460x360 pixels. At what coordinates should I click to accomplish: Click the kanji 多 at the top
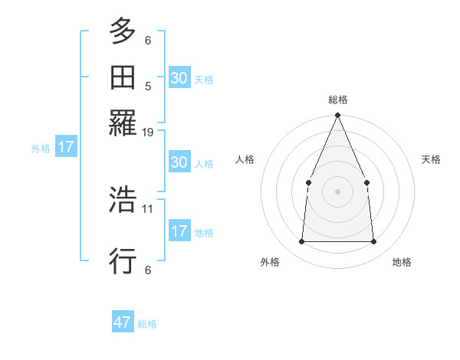pyautogui.click(x=123, y=31)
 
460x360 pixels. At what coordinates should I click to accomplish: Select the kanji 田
pyautogui.click(x=123, y=77)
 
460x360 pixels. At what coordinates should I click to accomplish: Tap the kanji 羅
pyautogui.click(x=123, y=123)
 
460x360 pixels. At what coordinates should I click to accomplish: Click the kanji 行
pyautogui.click(x=123, y=260)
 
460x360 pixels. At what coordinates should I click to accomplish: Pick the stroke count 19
pyautogui.click(x=148, y=133)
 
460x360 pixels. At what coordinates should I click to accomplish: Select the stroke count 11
pyautogui.click(x=148, y=208)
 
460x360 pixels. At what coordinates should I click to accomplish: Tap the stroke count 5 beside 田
pyautogui.click(x=148, y=86)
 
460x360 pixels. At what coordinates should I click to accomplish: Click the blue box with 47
pyautogui.click(x=123, y=322)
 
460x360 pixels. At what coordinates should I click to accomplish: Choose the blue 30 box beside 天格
pyautogui.click(x=179, y=78)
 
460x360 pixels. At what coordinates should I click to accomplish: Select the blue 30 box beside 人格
pyautogui.click(x=179, y=162)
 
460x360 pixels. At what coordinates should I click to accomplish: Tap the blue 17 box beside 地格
pyautogui.click(x=179, y=231)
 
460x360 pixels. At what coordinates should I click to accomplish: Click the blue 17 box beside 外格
pyautogui.click(x=66, y=148)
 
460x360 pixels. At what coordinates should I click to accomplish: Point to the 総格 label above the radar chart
pyautogui.click(x=337, y=100)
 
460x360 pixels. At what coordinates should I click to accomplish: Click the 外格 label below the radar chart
pyautogui.click(x=270, y=263)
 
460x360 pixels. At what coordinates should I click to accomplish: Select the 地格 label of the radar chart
pyautogui.click(x=402, y=263)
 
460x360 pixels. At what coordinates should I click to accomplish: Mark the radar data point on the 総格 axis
pyautogui.click(x=337, y=116)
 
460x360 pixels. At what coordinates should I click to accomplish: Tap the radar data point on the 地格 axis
pyautogui.click(x=373, y=241)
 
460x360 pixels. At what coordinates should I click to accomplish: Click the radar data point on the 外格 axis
pyautogui.click(x=301, y=241)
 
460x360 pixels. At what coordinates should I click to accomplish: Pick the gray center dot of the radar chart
pyautogui.click(x=337, y=191)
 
